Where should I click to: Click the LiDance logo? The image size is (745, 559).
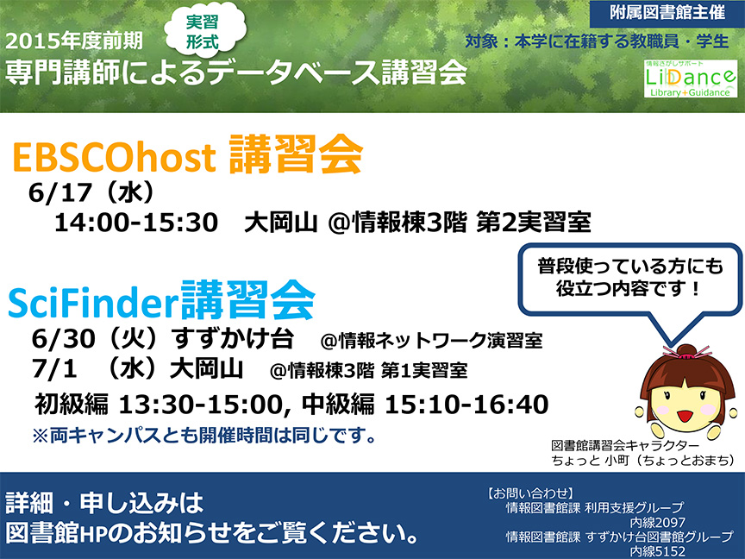click(x=691, y=79)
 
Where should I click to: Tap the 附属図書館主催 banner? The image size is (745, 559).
click(x=667, y=13)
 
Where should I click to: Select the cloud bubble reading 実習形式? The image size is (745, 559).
click(x=204, y=31)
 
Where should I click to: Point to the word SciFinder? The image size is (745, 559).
click(x=93, y=304)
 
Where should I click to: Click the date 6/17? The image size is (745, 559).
click(x=60, y=193)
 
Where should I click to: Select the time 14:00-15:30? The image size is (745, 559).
click(x=136, y=223)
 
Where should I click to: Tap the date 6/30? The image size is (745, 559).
click(x=63, y=339)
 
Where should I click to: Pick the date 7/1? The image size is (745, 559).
click(x=54, y=368)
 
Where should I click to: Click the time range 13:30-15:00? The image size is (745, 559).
click(x=201, y=405)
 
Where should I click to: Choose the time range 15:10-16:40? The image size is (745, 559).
click(x=466, y=405)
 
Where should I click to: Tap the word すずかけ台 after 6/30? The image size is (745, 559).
click(x=233, y=338)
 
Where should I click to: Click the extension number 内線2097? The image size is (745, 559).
click(x=658, y=523)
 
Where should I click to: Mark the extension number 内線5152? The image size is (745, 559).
click(x=658, y=551)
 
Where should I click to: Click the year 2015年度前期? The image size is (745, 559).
click(x=74, y=41)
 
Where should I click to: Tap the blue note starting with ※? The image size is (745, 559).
click(x=204, y=435)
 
